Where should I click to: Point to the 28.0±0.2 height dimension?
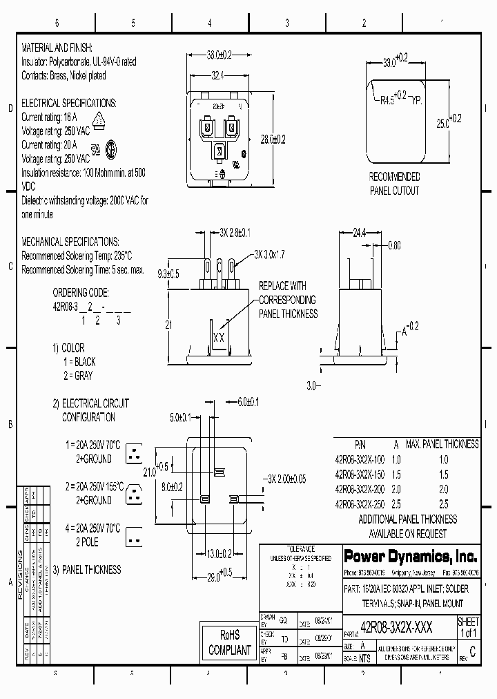point(271,139)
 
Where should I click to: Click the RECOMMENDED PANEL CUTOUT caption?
point(393,184)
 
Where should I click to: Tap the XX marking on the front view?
point(219,338)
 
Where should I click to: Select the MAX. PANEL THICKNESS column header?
point(442,444)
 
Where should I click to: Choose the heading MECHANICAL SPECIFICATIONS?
point(70,242)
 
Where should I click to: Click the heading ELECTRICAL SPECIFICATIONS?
point(69,103)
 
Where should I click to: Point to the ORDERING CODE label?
point(80,292)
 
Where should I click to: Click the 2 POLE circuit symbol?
point(135,535)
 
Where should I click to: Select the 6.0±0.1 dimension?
point(248,401)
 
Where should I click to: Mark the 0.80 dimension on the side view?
point(394,245)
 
